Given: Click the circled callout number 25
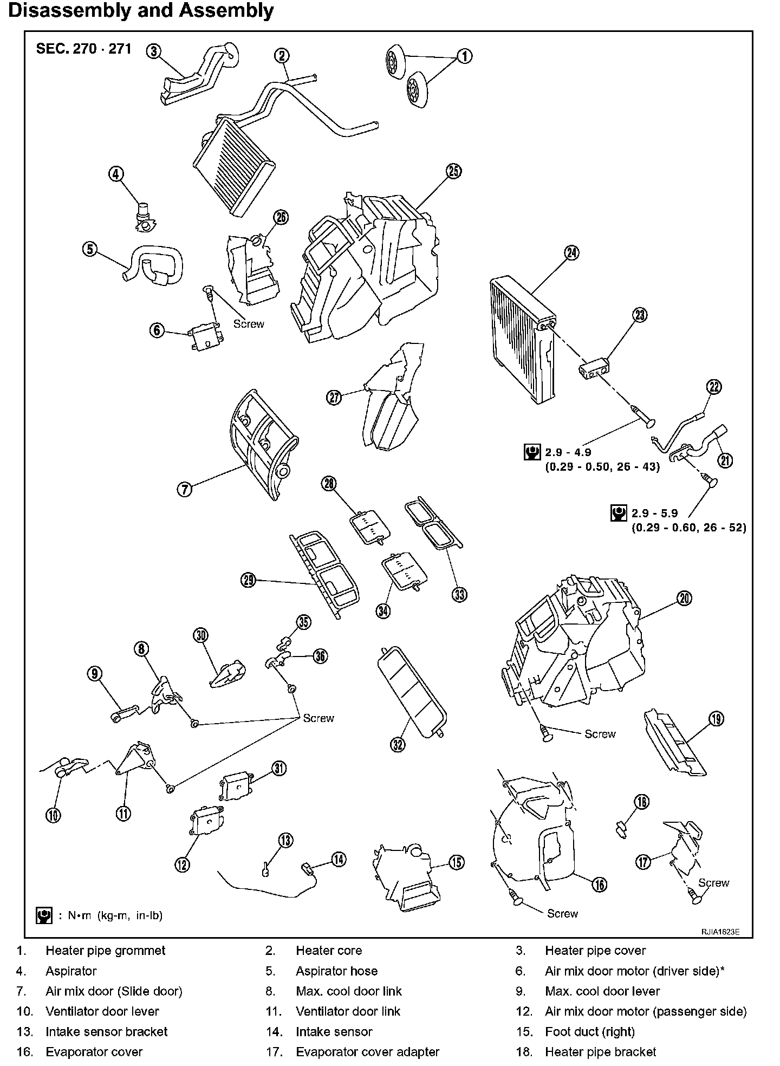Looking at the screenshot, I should pos(453,171).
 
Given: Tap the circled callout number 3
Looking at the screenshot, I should pos(154,51).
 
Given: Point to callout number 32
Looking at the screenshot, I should pos(398,745).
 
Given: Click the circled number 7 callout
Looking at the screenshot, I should pos(185,490).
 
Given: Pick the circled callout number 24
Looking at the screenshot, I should pos(571,252).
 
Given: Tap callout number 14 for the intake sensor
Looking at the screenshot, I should pos(339,860).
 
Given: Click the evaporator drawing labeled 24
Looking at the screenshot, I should pos(523,341).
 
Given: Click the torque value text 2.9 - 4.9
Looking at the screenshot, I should pos(568,452).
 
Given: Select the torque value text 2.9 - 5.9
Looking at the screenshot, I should pos(654,513).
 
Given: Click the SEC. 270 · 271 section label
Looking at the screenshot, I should pos(83,49).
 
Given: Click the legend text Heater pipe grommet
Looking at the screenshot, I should pos(105,951).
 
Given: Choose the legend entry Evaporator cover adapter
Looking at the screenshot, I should pos(367,1052).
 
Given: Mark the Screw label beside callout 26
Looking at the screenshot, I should pos(249,324).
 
